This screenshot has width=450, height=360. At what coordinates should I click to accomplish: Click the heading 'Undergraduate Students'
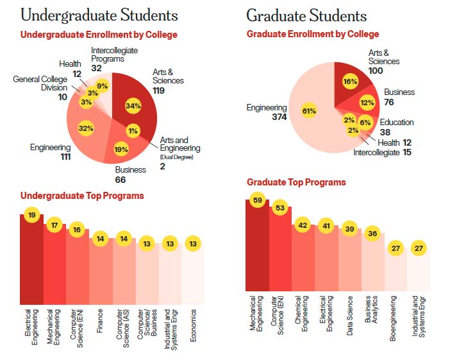tap(99, 15)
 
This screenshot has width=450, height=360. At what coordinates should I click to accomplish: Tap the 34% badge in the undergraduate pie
tap(134, 106)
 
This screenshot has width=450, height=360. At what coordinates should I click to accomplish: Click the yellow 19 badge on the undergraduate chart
tap(31, 216)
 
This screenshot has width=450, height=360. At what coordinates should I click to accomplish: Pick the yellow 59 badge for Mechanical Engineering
tap(256, 200)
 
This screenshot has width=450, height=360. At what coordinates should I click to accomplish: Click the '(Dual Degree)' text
tap(176, 157)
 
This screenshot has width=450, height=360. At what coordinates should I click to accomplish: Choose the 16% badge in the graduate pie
tap(350, 81)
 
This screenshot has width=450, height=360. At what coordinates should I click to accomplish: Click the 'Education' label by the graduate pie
tap(397, 122)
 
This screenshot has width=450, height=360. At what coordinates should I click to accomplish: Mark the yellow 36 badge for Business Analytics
tap(372, 234)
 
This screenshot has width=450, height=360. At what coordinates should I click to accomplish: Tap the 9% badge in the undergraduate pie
tap(103, 86)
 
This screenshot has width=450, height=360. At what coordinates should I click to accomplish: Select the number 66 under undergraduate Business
tap(122, 180)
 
